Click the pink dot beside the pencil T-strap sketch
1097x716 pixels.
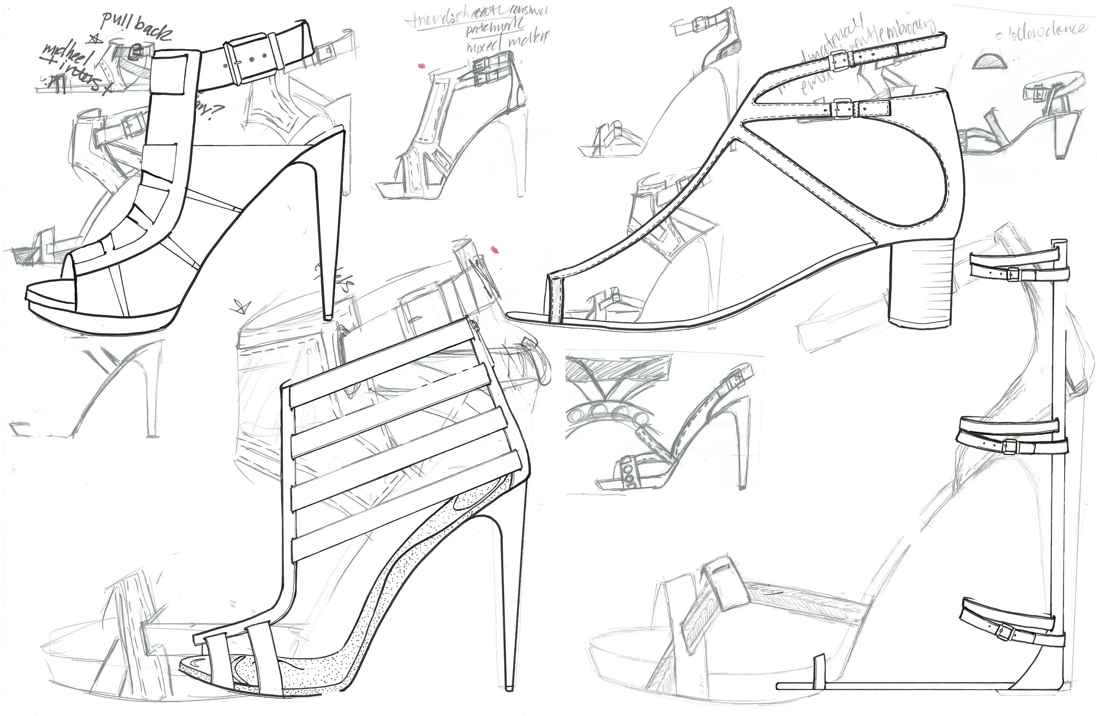pos(420,66)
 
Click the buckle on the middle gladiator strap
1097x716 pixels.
pos(1009,446)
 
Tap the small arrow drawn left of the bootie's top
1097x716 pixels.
pos(241,306)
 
